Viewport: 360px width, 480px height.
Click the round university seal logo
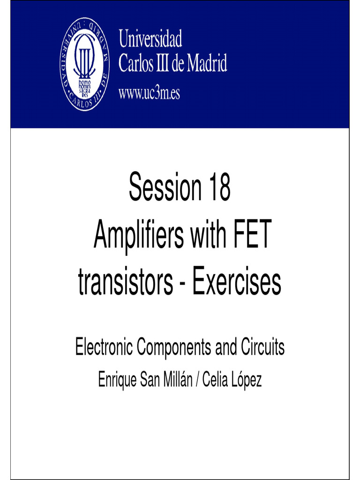85,64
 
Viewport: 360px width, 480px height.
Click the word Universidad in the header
150,39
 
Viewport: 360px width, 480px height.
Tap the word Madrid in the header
207,64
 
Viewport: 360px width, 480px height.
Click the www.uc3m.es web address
149,93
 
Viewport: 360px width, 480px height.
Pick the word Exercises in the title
237,283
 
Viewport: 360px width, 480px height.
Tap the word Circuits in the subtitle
262,348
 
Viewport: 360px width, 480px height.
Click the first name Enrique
117,379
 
